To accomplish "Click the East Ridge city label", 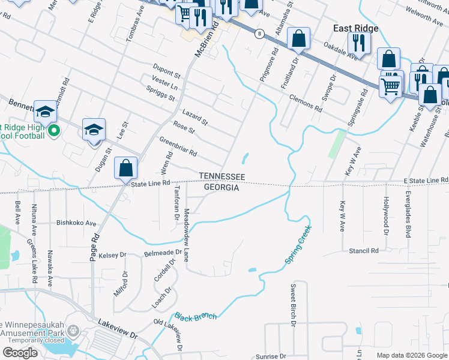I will [x=357, y=28].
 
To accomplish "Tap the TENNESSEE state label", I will [x=222, y=176].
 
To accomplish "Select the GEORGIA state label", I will [x=221, y=188].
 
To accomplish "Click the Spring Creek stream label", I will [x=298, y=245].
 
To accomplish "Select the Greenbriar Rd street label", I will [x=178, y=146].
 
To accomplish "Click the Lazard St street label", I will [x=194, y=118].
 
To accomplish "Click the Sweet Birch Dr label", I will [x=294, y=305].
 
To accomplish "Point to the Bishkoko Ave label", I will [x=76, y=223].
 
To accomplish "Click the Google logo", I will [x=20, y=353].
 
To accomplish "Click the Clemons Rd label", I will [x=305, y=102].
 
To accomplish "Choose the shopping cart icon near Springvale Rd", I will [x=391, y=86].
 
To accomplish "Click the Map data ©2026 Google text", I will [x=411, y=355].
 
